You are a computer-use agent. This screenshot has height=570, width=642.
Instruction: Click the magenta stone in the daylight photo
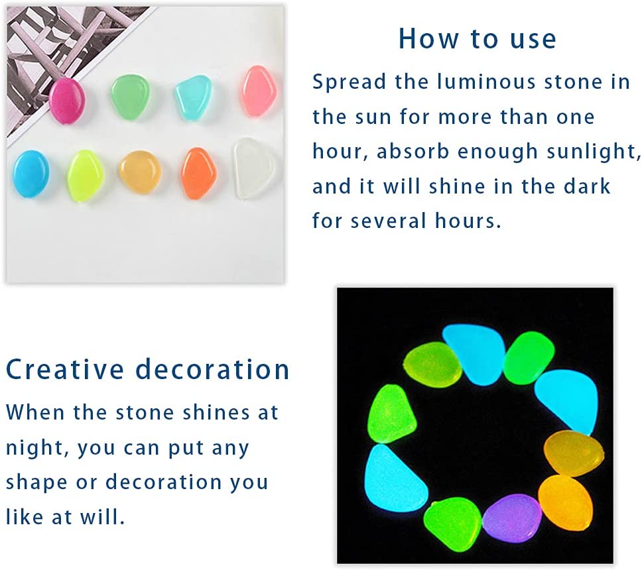click(67, 101)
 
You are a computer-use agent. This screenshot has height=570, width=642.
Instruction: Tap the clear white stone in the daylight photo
click(254, 168)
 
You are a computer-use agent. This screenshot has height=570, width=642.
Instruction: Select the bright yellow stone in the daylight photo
click(85, 176)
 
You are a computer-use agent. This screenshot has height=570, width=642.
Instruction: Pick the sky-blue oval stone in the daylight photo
click(31, 174)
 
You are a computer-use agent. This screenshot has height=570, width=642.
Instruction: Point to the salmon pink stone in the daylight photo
click(258, 91)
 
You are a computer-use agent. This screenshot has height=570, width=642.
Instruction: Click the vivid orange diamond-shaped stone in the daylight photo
click(198, 173)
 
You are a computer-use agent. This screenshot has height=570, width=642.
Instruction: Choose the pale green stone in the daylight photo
click(131, 97)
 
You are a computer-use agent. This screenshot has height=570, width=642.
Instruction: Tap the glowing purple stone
click(512, 518)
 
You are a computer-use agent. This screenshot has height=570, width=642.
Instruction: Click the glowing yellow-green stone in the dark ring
click(432, 365)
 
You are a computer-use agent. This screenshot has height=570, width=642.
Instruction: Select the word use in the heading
click(533, 40)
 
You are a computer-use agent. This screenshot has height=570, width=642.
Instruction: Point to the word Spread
click(350, 82)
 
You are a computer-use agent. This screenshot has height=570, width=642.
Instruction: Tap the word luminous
click(486, 81)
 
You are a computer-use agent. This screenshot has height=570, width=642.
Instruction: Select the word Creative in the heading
click(65, 369)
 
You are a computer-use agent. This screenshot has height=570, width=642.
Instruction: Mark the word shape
click(36, 483)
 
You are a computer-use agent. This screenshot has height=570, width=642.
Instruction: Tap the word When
click(35, 412)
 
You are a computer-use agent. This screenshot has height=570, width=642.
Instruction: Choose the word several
click(389, 221)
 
